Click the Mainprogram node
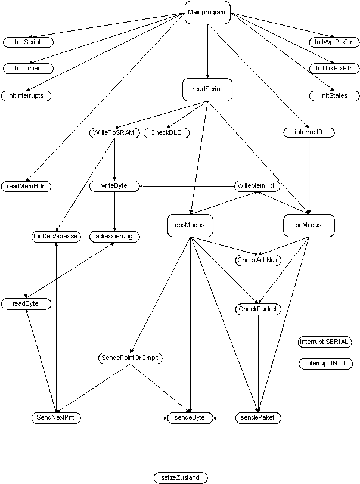pyautogui.click(x=207, y=13)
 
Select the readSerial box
pyautogui.click(x=207, y=89)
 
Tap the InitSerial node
pyautogui.click(x=28, y=42)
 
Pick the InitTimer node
pyautogui.click(x=28, y=68)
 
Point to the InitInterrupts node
pyautogui.click(x=26, y=95)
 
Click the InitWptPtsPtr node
pyautogui.click(x=334, y=42)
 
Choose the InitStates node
pyautogui.click(x=334, y=95)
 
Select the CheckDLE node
pyautogui.click(x=166, y=133)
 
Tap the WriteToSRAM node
pyautogui.click(x=114, y=133)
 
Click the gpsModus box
pyautogui.click(x=190, y=225)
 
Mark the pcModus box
pyautogui.click(x=309, y=225)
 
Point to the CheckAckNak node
pyautogui.click(x=258, y=260)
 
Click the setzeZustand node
pyautogui.click(x=181, y=478)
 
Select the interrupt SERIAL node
pyautogui.click(x=324, y=342)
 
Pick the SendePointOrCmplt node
pyautogui.click(x=131, y=358)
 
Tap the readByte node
pyautogui.click(x=26, y=304)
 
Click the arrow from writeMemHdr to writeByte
pyautogui.click(x=187, y=186)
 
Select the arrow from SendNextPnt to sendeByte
pyautogui.click(x=124, y=418)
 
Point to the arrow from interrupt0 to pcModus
pyautogui.click(x=309, y=176)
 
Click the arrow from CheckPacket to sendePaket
pyautogui.click(x=258, y=364)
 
